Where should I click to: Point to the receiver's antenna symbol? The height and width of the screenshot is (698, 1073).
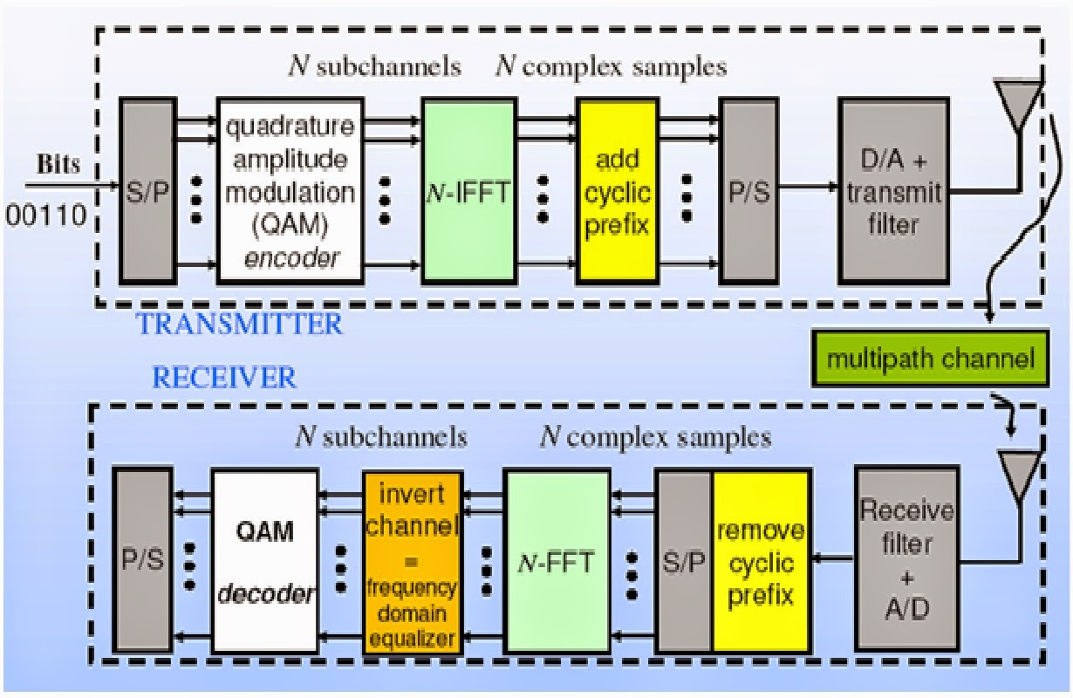1018,476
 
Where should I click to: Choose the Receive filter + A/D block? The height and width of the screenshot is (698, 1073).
906,558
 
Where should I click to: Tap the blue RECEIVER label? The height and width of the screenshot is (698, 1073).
225,377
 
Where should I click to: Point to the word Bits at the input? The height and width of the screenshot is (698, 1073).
61,165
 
